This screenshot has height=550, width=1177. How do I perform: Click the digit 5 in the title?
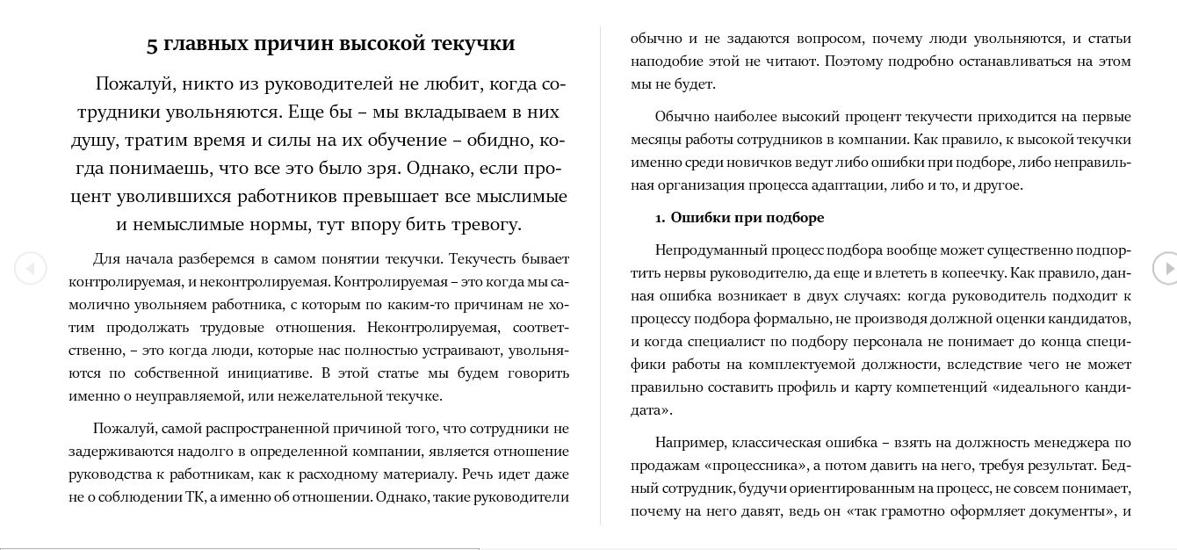152,45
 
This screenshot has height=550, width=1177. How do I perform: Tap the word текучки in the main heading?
474,44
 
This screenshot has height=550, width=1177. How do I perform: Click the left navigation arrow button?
31,268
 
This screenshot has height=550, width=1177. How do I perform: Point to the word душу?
94,140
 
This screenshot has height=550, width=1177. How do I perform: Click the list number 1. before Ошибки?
660,218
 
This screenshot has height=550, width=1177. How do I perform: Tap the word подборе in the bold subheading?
795,217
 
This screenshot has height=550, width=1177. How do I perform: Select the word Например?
689,442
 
